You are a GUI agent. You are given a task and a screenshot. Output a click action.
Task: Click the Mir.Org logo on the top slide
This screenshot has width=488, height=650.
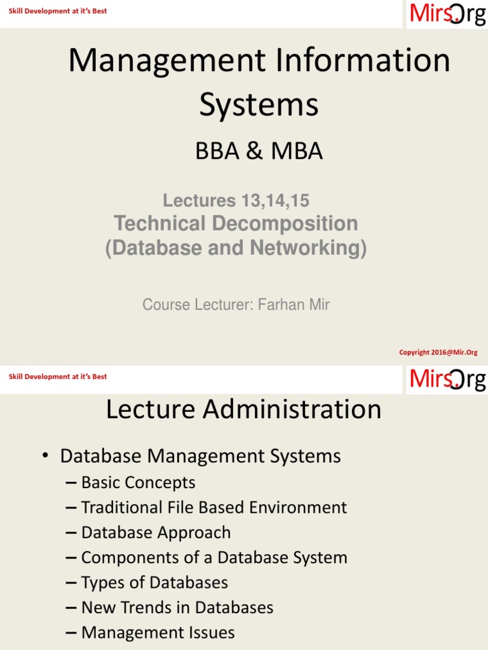point(447,13)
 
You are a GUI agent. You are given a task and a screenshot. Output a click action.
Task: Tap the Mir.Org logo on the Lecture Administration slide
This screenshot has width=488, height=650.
point(447,379)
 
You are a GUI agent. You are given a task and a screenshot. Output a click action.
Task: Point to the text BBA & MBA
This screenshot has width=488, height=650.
point(259,151)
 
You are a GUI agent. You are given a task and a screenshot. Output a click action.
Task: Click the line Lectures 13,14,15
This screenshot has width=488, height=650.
point(236,201)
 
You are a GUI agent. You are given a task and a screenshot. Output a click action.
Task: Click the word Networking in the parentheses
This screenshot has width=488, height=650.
point(307,248)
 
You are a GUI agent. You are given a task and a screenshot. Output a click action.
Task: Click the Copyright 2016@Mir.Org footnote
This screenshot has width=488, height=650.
point(438,352)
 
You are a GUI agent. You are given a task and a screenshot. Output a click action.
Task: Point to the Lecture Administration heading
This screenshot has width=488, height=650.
point(243,410)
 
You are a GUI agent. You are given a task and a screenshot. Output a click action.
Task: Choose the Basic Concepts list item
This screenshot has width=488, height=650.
point(138,483)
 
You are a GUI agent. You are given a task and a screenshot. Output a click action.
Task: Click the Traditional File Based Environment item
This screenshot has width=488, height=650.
point(214,508)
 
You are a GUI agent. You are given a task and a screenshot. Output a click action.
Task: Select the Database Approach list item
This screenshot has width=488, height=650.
point(156,533)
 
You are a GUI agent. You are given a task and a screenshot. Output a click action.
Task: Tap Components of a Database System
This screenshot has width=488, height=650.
point(214,558)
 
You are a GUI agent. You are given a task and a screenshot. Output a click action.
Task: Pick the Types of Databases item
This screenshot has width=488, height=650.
point(154,583)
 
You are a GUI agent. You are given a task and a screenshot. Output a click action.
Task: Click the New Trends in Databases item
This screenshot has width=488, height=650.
point(177,608)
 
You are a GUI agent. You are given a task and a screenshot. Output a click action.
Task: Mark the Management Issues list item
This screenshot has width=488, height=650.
point(158,633)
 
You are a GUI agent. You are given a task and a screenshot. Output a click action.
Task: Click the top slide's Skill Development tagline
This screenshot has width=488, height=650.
point(58,11)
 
